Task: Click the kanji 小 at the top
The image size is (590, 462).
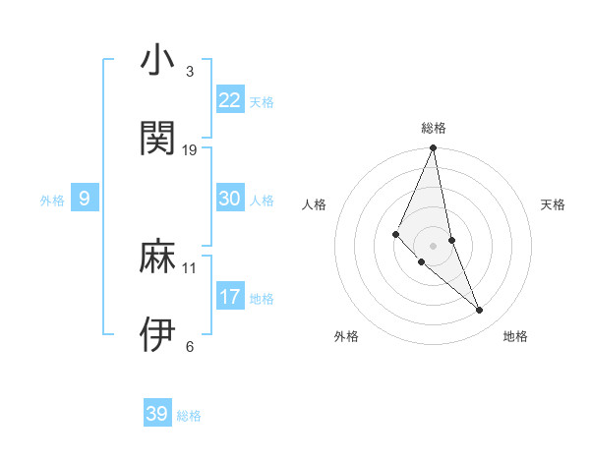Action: click(156, 61)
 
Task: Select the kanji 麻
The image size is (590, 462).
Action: click(156, 258)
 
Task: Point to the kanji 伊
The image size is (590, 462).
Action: click(156, 334)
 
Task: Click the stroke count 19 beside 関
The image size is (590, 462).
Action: click(190, 149)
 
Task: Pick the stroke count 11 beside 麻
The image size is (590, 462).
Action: click(190, 267)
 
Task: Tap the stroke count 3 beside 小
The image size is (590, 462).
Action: click(190, 72)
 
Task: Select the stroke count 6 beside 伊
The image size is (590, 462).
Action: click(190, 346)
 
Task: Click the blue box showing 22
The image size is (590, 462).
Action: click(230, 100)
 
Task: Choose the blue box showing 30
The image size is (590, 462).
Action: click(230, 199)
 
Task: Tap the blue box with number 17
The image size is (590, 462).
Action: click(230, 297)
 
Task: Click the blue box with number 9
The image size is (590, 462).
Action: click(85, 200)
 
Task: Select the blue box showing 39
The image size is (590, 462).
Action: click(157, 414)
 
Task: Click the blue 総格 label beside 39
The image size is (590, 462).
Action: click(189, 416)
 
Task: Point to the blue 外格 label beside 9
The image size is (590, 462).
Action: click(52, 201)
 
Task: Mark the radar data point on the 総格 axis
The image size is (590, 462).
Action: click(433, 148)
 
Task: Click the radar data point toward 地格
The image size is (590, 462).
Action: click(480, 311)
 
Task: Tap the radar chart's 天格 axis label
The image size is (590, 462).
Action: click(553, 204)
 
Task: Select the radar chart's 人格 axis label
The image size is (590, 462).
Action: click(315, 204)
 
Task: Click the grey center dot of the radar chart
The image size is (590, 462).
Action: click(433, 246)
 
